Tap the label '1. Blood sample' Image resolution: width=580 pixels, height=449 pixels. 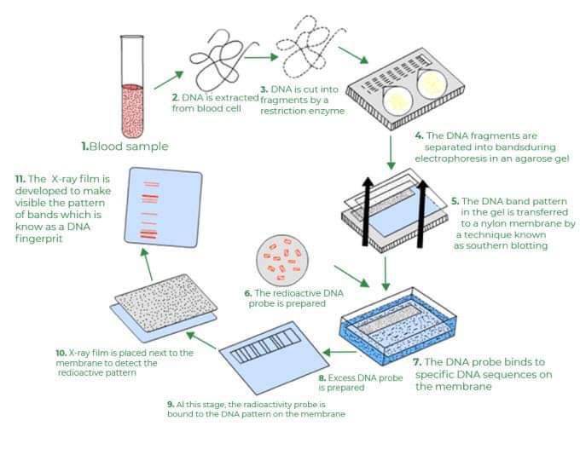[x=125, y=147]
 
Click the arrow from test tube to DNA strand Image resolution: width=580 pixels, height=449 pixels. [x=171, y=81]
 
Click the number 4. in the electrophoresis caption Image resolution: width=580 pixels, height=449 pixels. [x=419, y=135]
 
